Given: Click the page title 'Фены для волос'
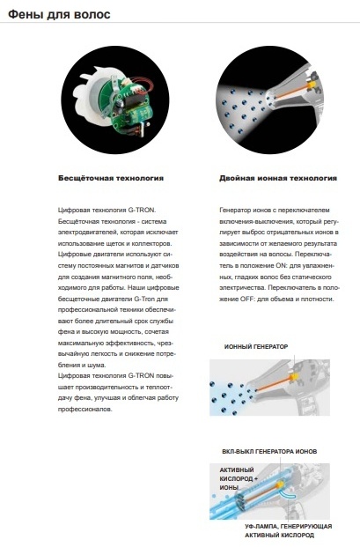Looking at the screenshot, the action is click(x=59, y=14).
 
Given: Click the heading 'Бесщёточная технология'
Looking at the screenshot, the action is click(x=111, y=178).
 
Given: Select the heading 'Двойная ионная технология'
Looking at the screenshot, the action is click(x=278, y=178).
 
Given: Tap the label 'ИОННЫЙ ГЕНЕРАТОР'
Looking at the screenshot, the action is click(x=256, y=346).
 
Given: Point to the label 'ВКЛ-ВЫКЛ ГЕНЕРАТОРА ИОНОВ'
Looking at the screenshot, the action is click(x=269, y=451).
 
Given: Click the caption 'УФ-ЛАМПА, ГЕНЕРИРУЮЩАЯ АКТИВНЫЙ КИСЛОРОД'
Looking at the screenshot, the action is click(x=288, y=530).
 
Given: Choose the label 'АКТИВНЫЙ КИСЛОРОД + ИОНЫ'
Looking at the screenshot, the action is click(x=239, y=478).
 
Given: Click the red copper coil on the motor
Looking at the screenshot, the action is click(x=143, y=87).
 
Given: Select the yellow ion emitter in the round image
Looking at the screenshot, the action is click(x=311, y=84).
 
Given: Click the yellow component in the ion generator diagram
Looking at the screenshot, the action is click(x=295, y=376).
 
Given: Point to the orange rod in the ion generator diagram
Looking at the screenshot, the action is click(x=274, y=384).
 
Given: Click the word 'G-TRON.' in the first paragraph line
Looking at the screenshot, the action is click(x=143, y=210).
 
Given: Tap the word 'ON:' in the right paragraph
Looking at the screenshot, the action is click(x=281, y=265).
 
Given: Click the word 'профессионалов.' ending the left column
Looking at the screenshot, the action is click(x=85, y=410).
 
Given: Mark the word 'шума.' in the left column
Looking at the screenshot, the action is click(x=98, y=366).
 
